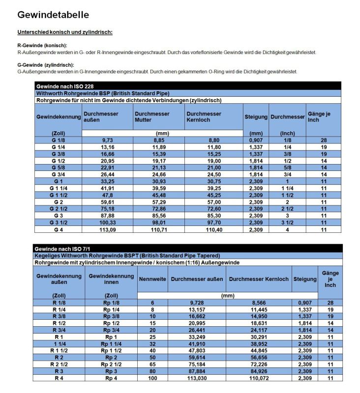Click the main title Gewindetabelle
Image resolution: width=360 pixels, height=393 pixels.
coord(53,15)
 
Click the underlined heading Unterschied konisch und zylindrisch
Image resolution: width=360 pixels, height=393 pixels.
coord(65,32)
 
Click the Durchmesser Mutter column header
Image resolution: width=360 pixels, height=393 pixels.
coord(152,117)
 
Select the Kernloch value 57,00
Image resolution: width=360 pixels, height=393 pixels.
coord(213,201)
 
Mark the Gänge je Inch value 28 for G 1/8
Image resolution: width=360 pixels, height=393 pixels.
coord(324,140)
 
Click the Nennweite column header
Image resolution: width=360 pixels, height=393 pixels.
coord(152,279)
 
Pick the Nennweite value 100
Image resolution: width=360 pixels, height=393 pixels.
coord(152,378)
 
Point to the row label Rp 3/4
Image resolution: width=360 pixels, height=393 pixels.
coord(111,330)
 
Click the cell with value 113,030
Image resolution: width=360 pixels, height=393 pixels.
coord(196,378)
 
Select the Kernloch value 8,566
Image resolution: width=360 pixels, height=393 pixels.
coord(258,303)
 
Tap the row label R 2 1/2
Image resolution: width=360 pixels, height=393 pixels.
coord(59,364)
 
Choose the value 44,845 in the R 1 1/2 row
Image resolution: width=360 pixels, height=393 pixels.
coord(258,351)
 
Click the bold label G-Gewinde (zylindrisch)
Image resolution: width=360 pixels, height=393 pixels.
coord(45,65)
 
